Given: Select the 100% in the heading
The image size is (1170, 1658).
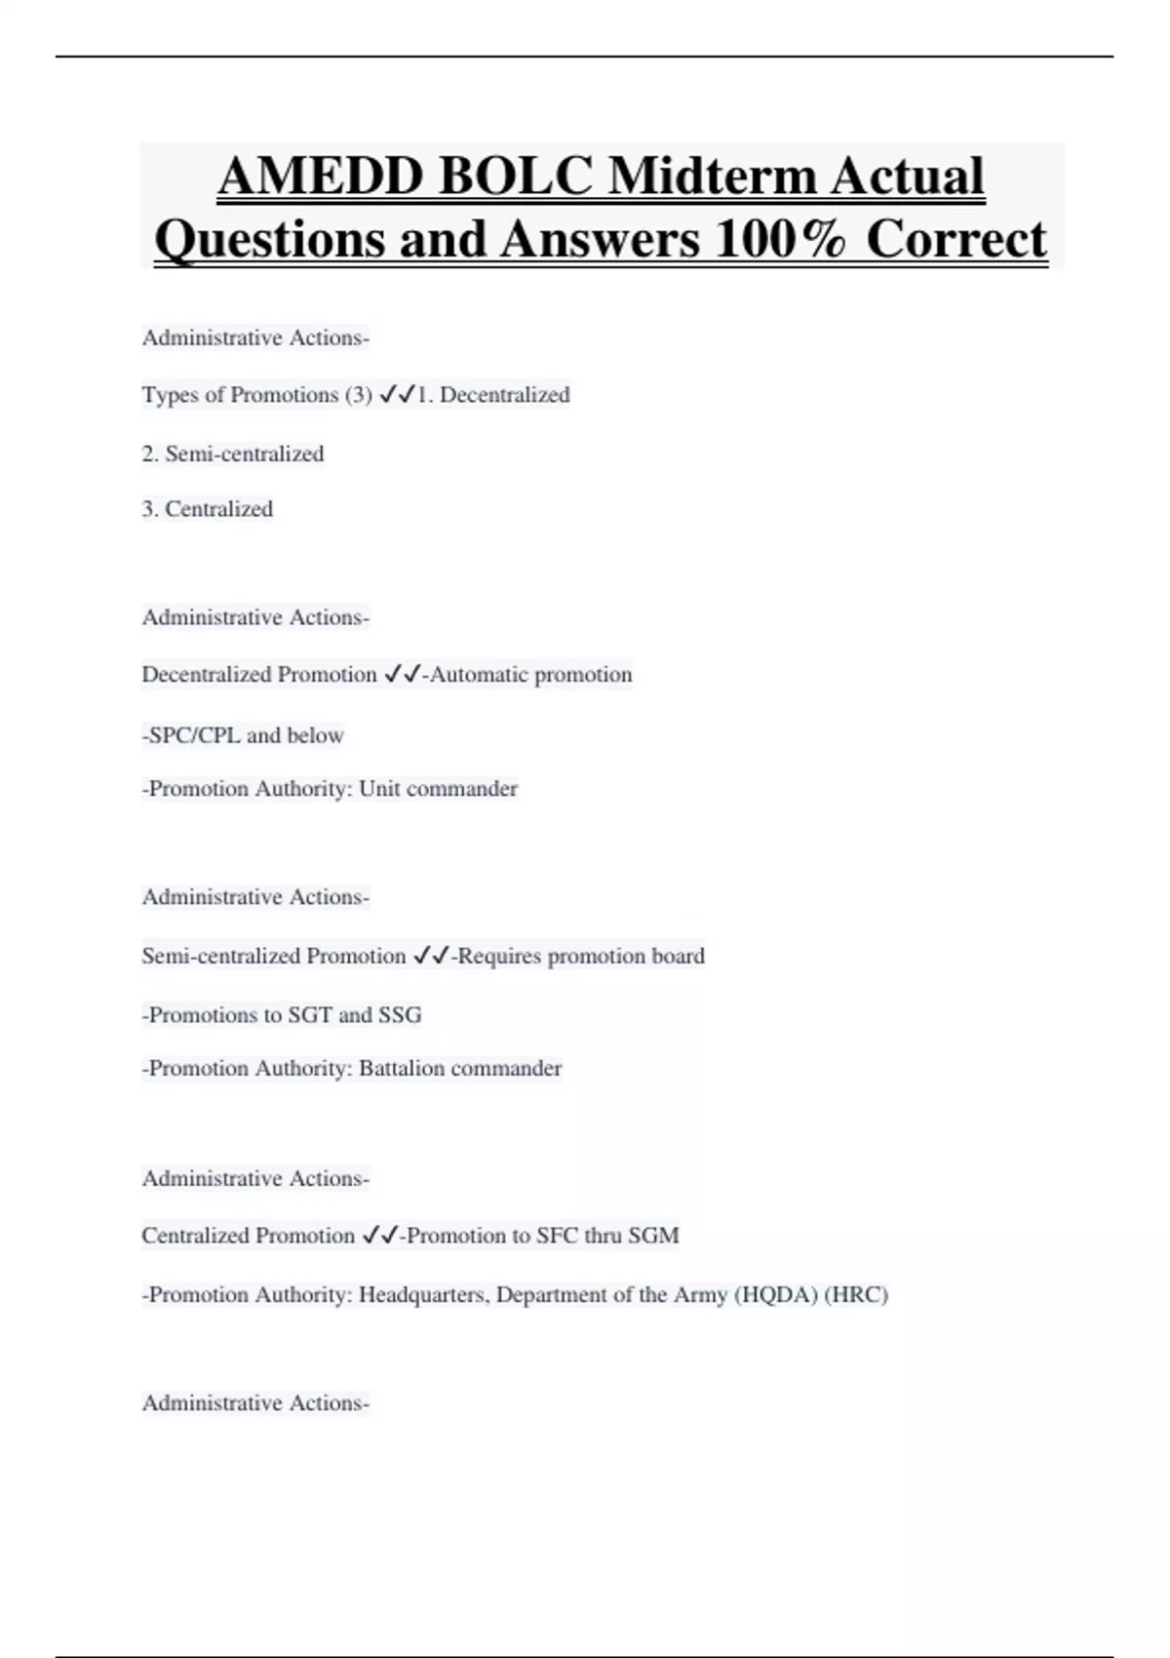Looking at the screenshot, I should [779, 239].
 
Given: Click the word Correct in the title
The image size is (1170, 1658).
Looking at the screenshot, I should [956, 239].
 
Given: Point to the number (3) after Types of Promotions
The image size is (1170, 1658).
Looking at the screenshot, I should [359, 395].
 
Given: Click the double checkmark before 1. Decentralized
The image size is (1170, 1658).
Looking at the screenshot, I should [397, 395].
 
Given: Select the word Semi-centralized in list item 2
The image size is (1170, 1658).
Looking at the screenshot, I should [244, 454].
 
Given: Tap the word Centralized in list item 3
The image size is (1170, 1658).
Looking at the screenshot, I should [218, 509].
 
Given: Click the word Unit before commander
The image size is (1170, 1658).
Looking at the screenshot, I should [379, 789].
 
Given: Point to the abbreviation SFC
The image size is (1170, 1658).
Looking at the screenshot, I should [558, 1236].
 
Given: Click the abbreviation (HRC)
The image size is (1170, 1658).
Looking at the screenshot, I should [856, 1295].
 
